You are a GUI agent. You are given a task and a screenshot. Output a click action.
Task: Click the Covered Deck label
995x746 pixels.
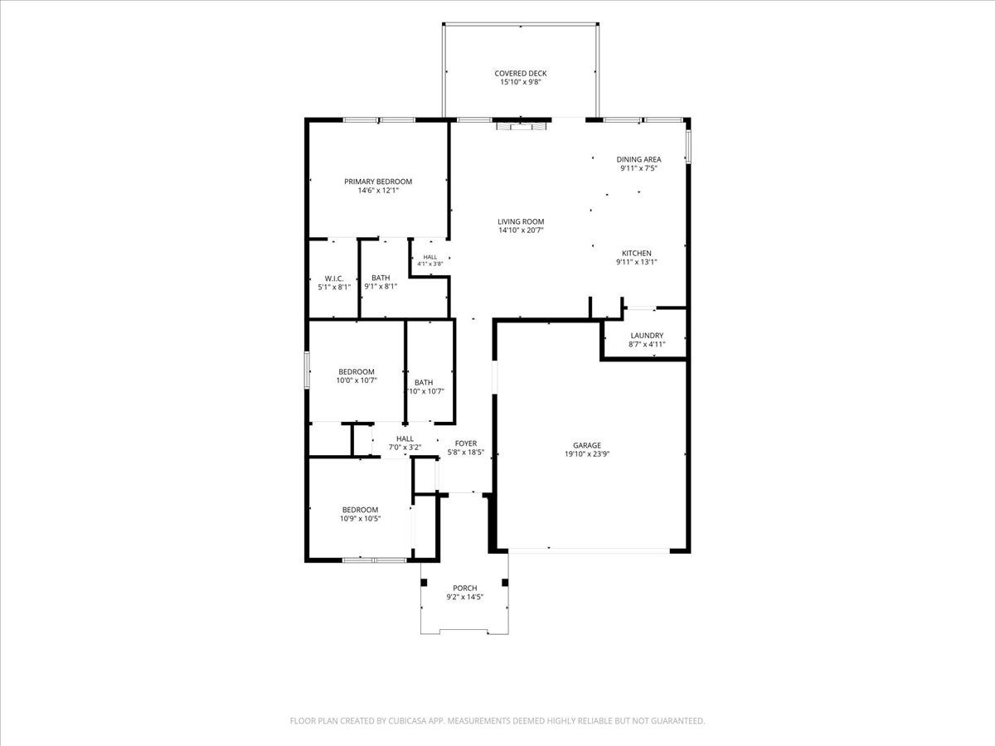pos(521,74)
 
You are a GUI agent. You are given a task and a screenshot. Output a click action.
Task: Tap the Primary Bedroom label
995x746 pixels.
pos(378,182)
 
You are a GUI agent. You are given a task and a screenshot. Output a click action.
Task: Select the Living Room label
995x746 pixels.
pos(521,221)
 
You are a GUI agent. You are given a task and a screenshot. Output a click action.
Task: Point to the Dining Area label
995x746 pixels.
pos(638,159)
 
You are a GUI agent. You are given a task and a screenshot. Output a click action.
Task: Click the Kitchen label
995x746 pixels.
pos(637,253)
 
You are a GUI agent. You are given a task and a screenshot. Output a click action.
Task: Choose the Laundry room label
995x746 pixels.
pos(647,336)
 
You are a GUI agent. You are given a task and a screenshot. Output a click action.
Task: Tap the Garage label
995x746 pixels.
pos(587,446)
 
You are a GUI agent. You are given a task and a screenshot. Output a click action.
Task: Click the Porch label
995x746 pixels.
pos(465,589)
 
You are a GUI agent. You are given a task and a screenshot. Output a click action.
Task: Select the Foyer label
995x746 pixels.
pos(466,444)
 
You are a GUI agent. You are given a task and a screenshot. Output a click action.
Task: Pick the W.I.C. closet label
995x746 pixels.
pos(334,279)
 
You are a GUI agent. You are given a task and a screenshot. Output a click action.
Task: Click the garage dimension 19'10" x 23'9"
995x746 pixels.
pos(587,454)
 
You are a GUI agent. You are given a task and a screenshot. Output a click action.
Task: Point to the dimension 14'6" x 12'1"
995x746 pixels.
pos(378,191)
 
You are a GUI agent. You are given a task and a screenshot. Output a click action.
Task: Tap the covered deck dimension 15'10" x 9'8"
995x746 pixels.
pos(521,82)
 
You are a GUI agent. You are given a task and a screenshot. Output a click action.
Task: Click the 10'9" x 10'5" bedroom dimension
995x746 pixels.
pos(361,519)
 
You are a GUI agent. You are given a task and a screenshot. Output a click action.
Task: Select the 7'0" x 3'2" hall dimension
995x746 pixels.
pos(405,448)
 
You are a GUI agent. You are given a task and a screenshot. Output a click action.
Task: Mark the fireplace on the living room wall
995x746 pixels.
pos(520,125)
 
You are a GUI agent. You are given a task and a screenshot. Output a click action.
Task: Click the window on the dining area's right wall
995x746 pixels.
pos(687,147)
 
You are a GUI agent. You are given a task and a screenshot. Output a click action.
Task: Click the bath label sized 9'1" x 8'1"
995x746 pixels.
pos(381,279)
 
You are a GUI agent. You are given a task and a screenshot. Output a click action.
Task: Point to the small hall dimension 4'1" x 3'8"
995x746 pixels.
pos(430,264)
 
